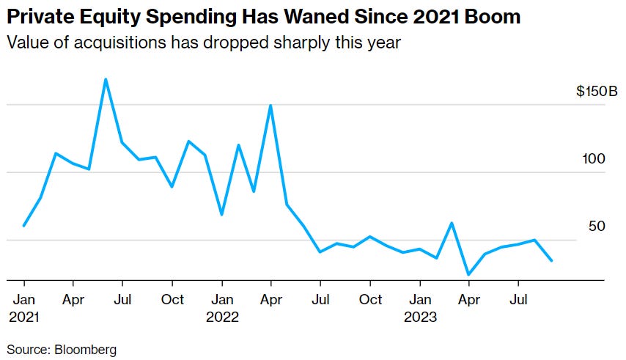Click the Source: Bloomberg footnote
[x=62, y=350]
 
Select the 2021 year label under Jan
[x=24, y=317]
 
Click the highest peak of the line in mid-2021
[x=106, y=79]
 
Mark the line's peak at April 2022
[x=271, y=106]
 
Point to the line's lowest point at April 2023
[x=468, y=275]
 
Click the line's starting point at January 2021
[x=24, y=225]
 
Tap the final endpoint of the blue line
[x=551, y=260]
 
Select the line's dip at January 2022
[x=221, y=214]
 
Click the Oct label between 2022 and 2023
[x=370, y=300]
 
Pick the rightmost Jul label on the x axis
[x=518, y=300]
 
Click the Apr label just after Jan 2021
[x=73, y=300]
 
